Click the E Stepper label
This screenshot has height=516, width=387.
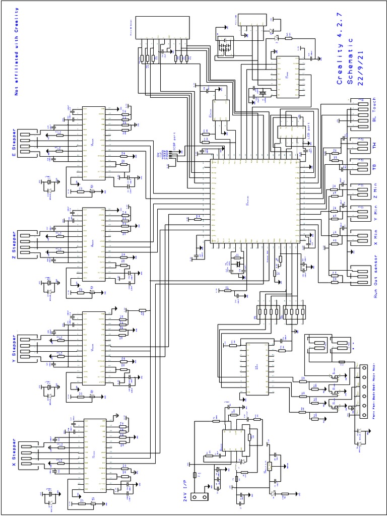(14, 143)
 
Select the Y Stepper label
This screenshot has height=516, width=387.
(14, 348)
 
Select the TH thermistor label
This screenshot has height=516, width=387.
(374, 145)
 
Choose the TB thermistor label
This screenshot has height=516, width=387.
(374, 166)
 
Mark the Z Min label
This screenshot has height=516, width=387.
(374, 191)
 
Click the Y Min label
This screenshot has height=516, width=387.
(374, 214)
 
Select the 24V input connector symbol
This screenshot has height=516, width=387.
(202, 496)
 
